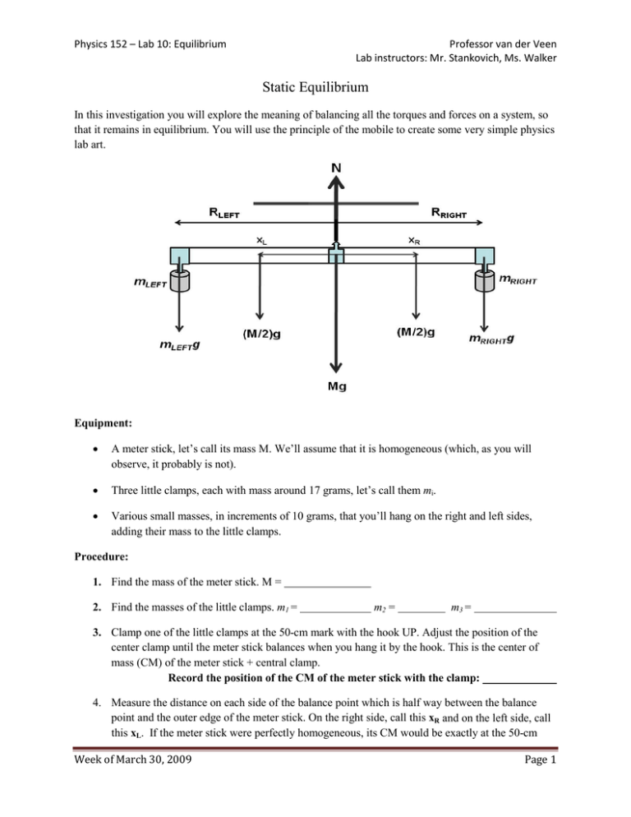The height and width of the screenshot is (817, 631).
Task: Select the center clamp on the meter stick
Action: [336, 256]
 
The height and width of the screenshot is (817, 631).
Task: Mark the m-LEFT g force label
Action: [182, 345]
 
